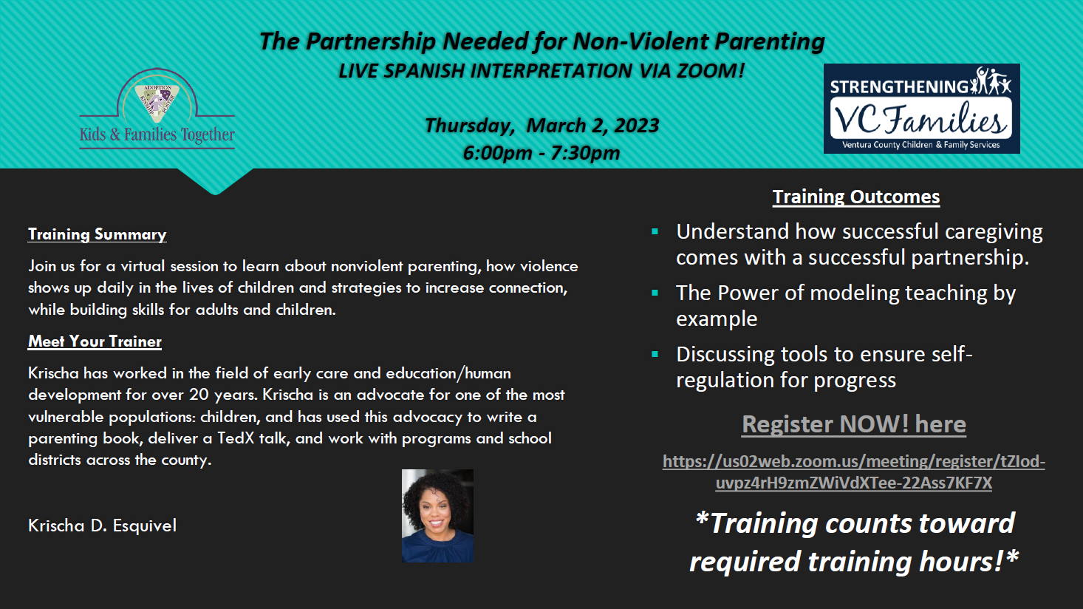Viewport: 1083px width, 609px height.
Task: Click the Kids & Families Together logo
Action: [157, 109]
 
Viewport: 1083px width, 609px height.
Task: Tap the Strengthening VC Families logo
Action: [921, 109]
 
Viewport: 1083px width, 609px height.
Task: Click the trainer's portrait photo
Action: [437, 516]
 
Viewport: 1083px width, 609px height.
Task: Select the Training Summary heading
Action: [98, 234]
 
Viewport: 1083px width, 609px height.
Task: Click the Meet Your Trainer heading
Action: [95, 341]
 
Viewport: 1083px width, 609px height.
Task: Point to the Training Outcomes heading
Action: [856, 197]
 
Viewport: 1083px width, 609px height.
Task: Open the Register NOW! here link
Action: [854, 424]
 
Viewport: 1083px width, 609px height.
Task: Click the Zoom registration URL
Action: [854, 472]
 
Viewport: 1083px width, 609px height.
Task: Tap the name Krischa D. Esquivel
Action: [103, 525]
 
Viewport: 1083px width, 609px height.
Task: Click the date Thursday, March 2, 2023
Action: [541, 126]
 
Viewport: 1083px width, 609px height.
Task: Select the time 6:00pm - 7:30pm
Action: [541, 153]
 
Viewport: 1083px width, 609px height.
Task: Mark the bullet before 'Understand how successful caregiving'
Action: [655, 231]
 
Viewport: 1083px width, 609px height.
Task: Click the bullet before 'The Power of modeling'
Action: [655, 293]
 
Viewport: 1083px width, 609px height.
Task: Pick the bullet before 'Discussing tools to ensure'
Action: [655, 355]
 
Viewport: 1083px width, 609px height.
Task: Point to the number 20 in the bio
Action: [199, 395]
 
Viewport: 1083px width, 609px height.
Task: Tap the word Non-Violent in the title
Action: [640, 41]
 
